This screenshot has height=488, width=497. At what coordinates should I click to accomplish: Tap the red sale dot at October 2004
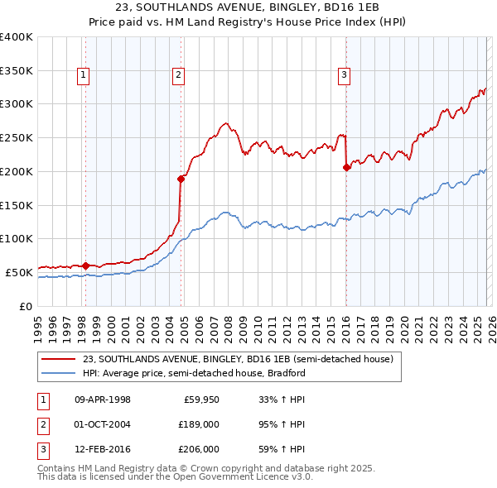point(181,178)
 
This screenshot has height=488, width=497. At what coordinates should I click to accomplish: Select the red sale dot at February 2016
point(347,167)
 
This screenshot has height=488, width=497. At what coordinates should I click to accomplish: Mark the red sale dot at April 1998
point(85,266)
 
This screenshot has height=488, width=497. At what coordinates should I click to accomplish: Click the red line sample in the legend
point(57,359)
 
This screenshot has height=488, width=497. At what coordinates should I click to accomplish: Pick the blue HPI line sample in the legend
point(57,373)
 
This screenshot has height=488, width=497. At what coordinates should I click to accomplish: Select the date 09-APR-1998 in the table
point(103,399)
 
